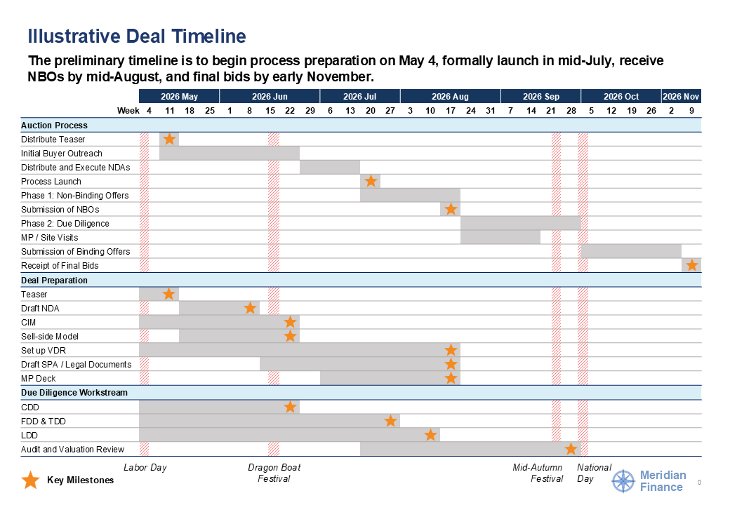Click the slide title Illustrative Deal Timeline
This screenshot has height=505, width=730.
[137, 36]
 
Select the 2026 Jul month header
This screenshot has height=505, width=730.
[360, 96]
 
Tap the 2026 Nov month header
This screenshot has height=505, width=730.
[681, 96]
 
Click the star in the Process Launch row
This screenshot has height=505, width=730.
[371, 181]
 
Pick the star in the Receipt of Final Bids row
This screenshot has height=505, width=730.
[692, 265]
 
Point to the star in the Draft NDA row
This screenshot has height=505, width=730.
[250, 308]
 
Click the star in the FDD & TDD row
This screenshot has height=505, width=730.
[390, 421]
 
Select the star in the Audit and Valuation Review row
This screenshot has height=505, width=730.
[571, 449]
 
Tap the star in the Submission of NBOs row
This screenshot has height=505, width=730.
[451, 209]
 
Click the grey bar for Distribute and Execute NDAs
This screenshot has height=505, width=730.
[330, 168]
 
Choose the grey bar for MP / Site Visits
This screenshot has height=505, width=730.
[500, 237]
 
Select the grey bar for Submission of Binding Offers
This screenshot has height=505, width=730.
[631, 251]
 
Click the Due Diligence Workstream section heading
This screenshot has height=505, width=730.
[74, 393]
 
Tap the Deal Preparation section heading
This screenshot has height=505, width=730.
[55, 281]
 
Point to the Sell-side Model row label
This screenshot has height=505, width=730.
[50, 336]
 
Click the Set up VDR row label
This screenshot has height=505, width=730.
[44, 350]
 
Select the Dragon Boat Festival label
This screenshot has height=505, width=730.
[274, 473]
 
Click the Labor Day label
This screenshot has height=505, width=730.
[145, 467]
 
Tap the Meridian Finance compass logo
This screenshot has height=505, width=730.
[623, 481]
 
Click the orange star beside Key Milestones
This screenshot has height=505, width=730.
[31, 480]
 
